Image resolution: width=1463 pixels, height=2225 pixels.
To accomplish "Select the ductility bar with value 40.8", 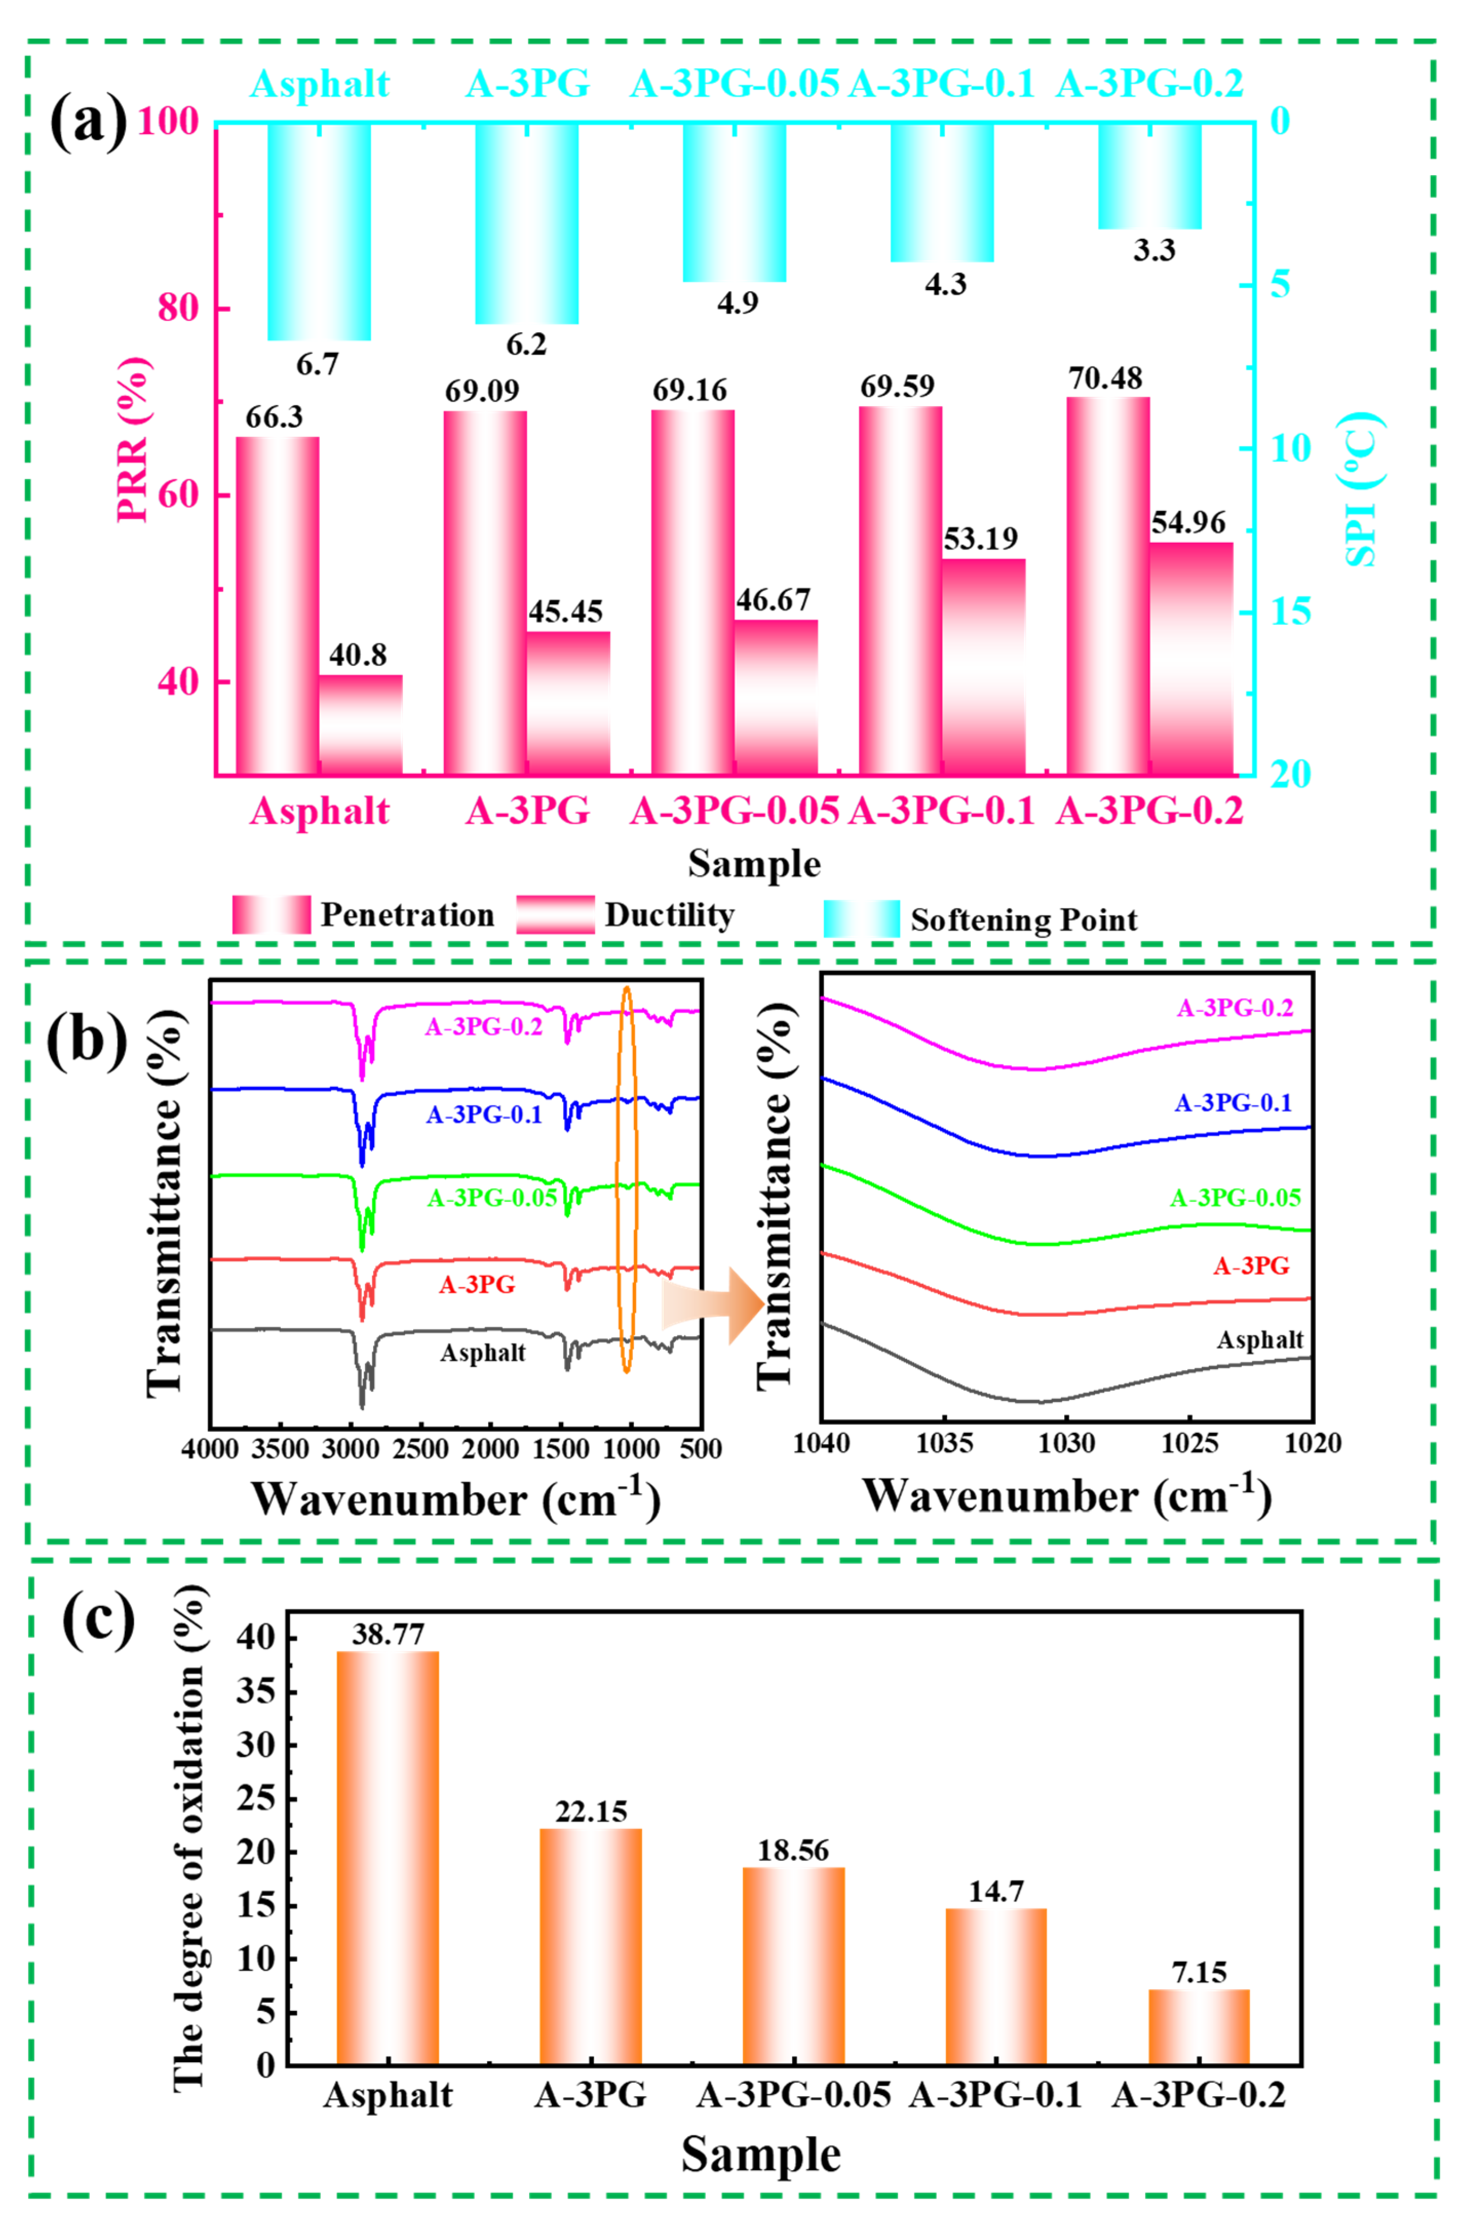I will tap(361, 725).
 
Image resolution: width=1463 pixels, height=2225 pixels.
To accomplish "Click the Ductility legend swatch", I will tap(555, 915).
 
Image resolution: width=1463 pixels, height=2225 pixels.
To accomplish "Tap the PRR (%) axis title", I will tap(133, 440).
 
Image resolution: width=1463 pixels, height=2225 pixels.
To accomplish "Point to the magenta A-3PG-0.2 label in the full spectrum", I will tap(484, 1026).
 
